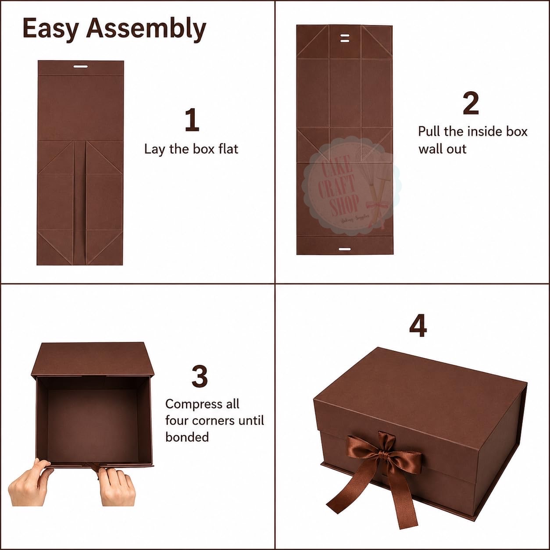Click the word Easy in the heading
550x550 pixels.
coord(50,29)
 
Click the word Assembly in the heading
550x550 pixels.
coord(146,29)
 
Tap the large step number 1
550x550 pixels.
coord(192,120)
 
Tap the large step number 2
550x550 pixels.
coord(471,104)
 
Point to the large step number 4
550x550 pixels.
coord(418,325)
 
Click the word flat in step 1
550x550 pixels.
coord(228,149)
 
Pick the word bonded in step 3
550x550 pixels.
coord(187,437)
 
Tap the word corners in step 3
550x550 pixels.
coord(213,421)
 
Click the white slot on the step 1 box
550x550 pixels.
coord(81,67)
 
